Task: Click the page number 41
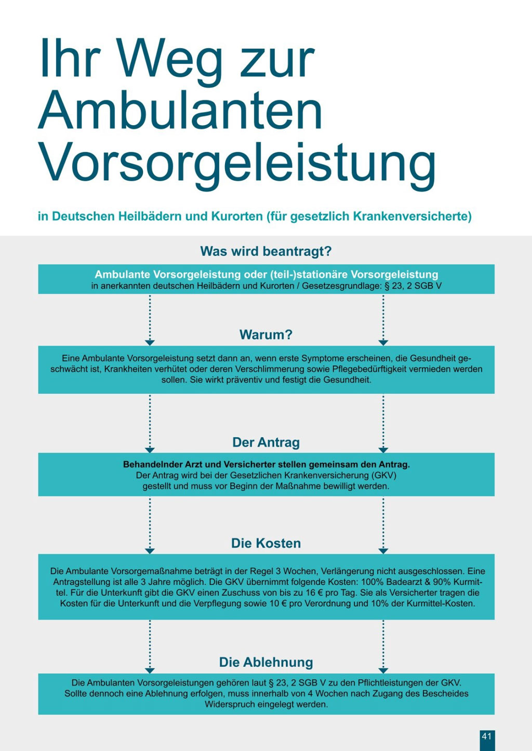(487, 736)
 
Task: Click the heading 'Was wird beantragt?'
(266, 251)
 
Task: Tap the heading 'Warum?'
(266, 334)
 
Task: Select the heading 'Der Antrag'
(266, 442)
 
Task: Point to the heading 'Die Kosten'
(266, 543)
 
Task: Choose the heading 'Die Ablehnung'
(266, 662)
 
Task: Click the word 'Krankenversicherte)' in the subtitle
(412, 216)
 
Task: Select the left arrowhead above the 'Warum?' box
(150, 342)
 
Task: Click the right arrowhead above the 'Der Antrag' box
(383, 450)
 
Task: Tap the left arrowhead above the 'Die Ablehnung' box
(150, 670)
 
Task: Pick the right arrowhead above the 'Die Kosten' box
(383, 551)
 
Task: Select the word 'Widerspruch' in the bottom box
(229, 705)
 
